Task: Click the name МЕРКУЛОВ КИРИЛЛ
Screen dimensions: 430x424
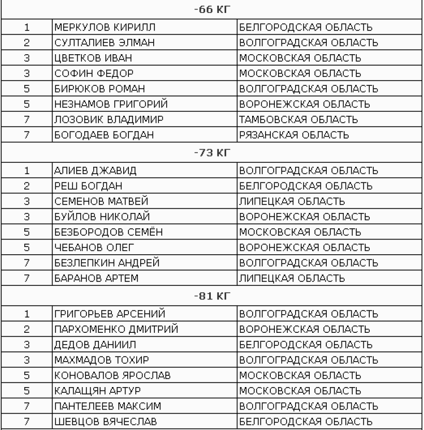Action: (97, 27)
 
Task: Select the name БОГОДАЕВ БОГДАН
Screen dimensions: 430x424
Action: (97, 135)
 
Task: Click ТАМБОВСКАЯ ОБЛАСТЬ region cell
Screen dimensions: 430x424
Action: (298, 120)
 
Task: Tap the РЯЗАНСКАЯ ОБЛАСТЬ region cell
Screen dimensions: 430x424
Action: (294, 135)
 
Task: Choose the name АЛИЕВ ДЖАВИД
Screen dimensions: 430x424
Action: (88, 170)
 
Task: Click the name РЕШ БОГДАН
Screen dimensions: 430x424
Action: (80, 185)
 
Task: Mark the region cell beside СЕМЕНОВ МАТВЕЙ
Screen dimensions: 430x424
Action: (292, 201)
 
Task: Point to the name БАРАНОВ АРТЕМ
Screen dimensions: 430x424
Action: (89, 278)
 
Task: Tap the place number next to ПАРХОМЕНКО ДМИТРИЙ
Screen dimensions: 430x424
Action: (26, 329)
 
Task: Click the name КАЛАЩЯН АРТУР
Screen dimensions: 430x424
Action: (91, 390)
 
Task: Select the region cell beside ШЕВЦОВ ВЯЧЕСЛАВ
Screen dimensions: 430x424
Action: (306, 421)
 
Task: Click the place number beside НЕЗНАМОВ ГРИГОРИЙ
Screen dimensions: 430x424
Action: (26, 104)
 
